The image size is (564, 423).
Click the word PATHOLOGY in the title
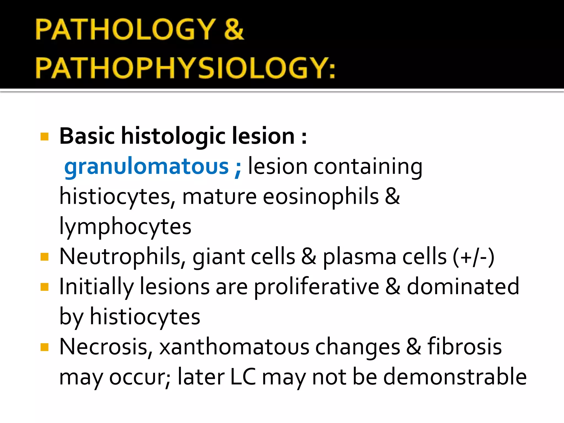[x=125, y=29]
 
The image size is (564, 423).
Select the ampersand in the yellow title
[x=234, y=29]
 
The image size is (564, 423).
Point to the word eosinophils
[x=321, y=197]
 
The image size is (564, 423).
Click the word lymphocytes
[x=125, y=227]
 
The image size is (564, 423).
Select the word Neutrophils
[x=120, y=257]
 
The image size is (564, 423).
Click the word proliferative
[x=316, y=287]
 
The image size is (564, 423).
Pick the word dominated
[x=463, y=287]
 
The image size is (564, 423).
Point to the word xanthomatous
[x=234, y=347]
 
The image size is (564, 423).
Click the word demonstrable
[x=455, y=377]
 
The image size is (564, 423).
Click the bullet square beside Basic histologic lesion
[x=44, y=137]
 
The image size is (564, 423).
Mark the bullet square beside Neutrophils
[x=44, y=257]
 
